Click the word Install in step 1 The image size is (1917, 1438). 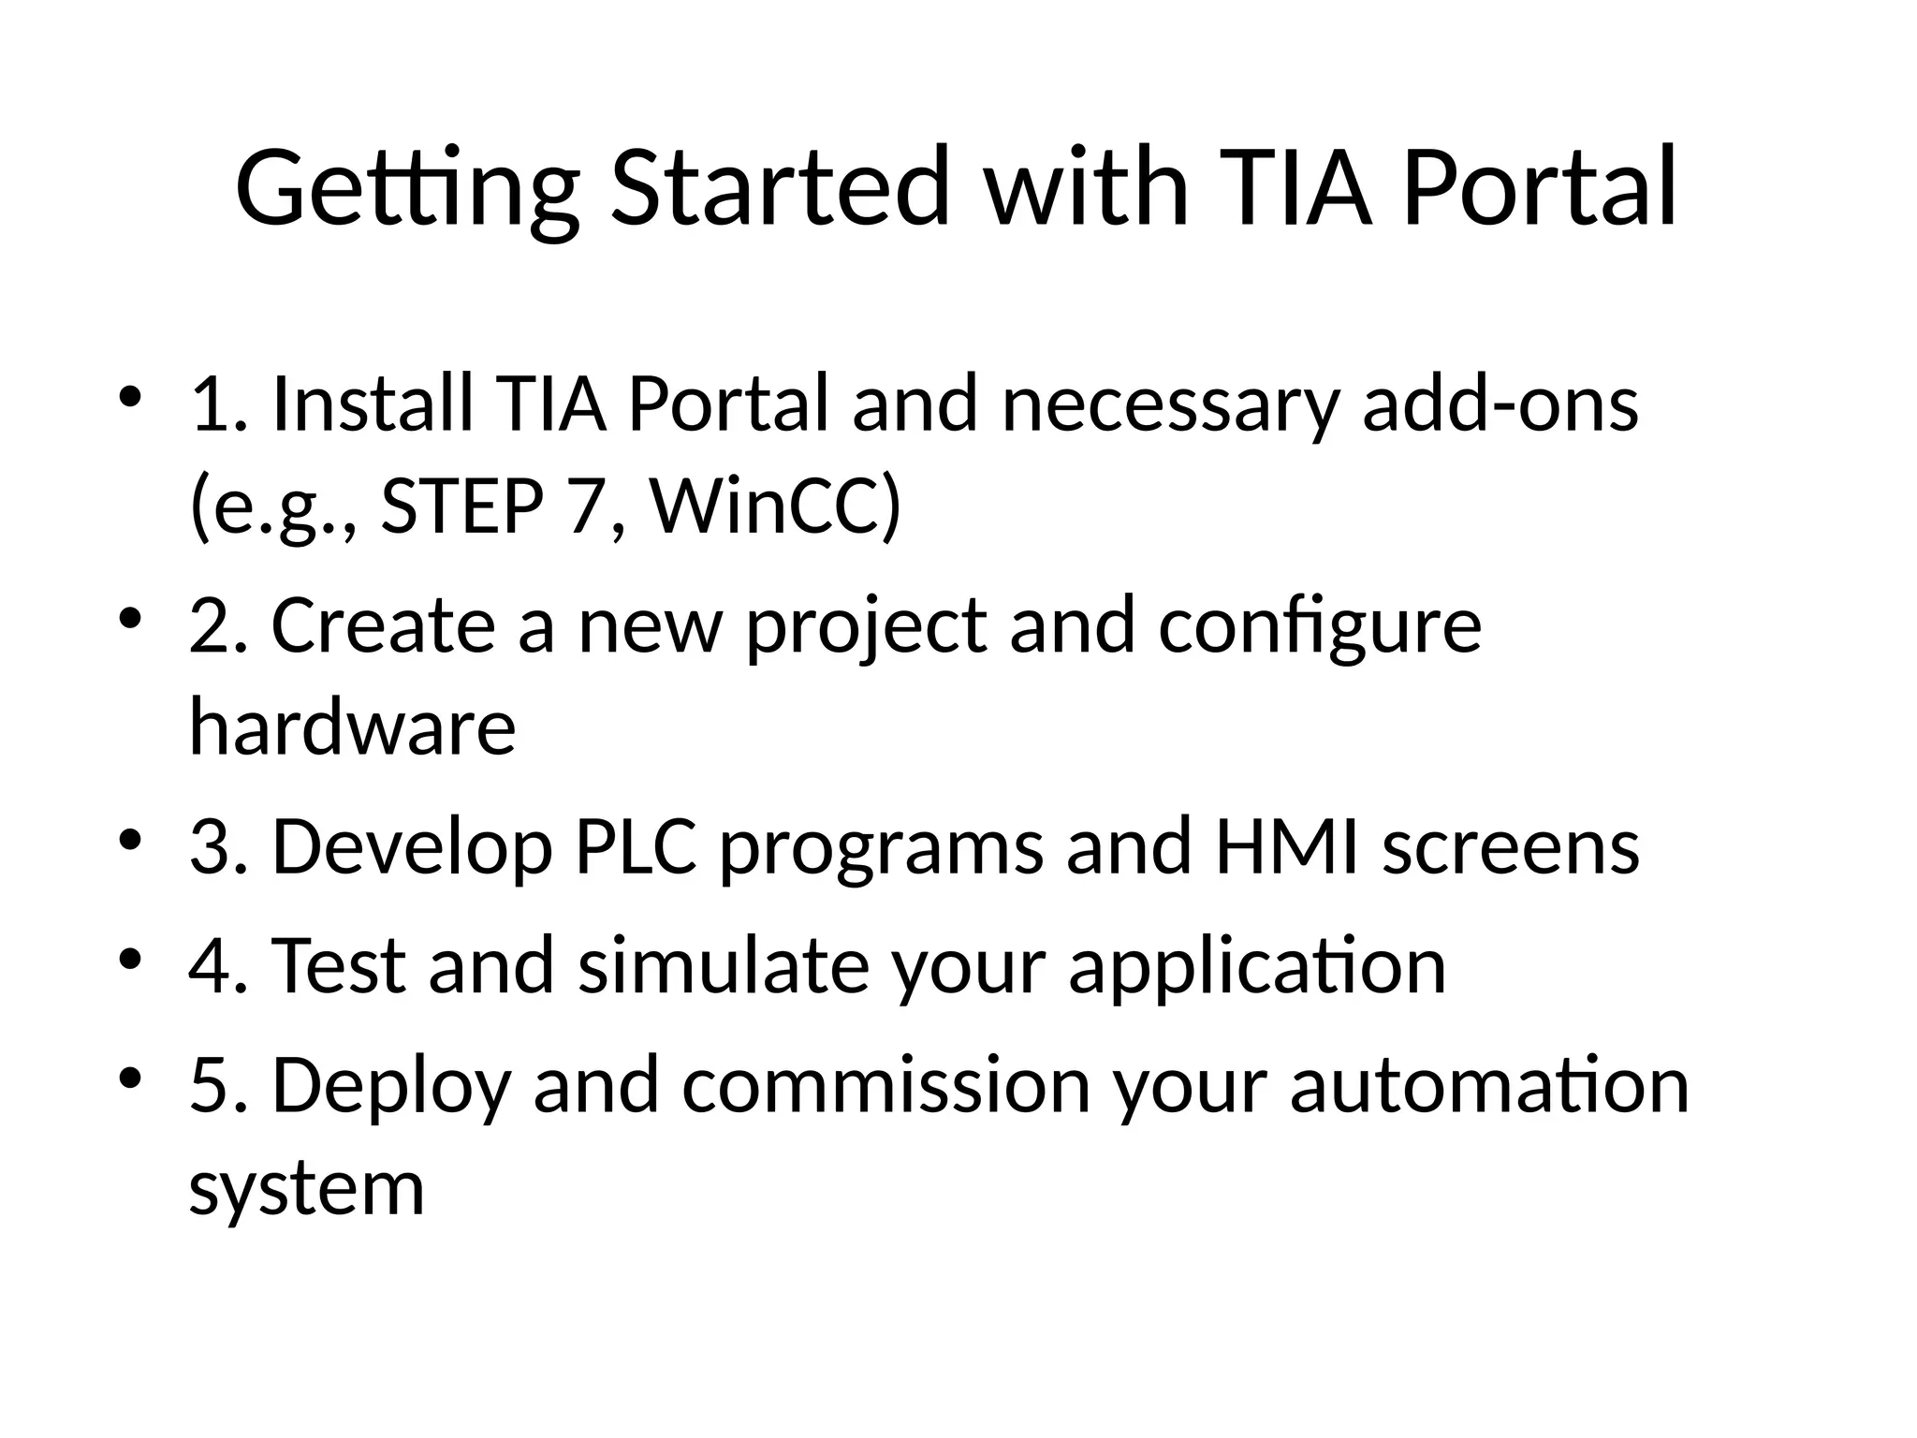(x=372, y=404)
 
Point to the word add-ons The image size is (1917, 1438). (x=1500, y=404)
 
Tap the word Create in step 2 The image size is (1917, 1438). (x=383, y=625)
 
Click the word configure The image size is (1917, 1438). (x=1320, y=625)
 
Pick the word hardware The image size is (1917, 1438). (x=352, y=727)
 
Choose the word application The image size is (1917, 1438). (x=1257, y=965)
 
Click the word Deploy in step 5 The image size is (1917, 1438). (x=391, y=1085)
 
